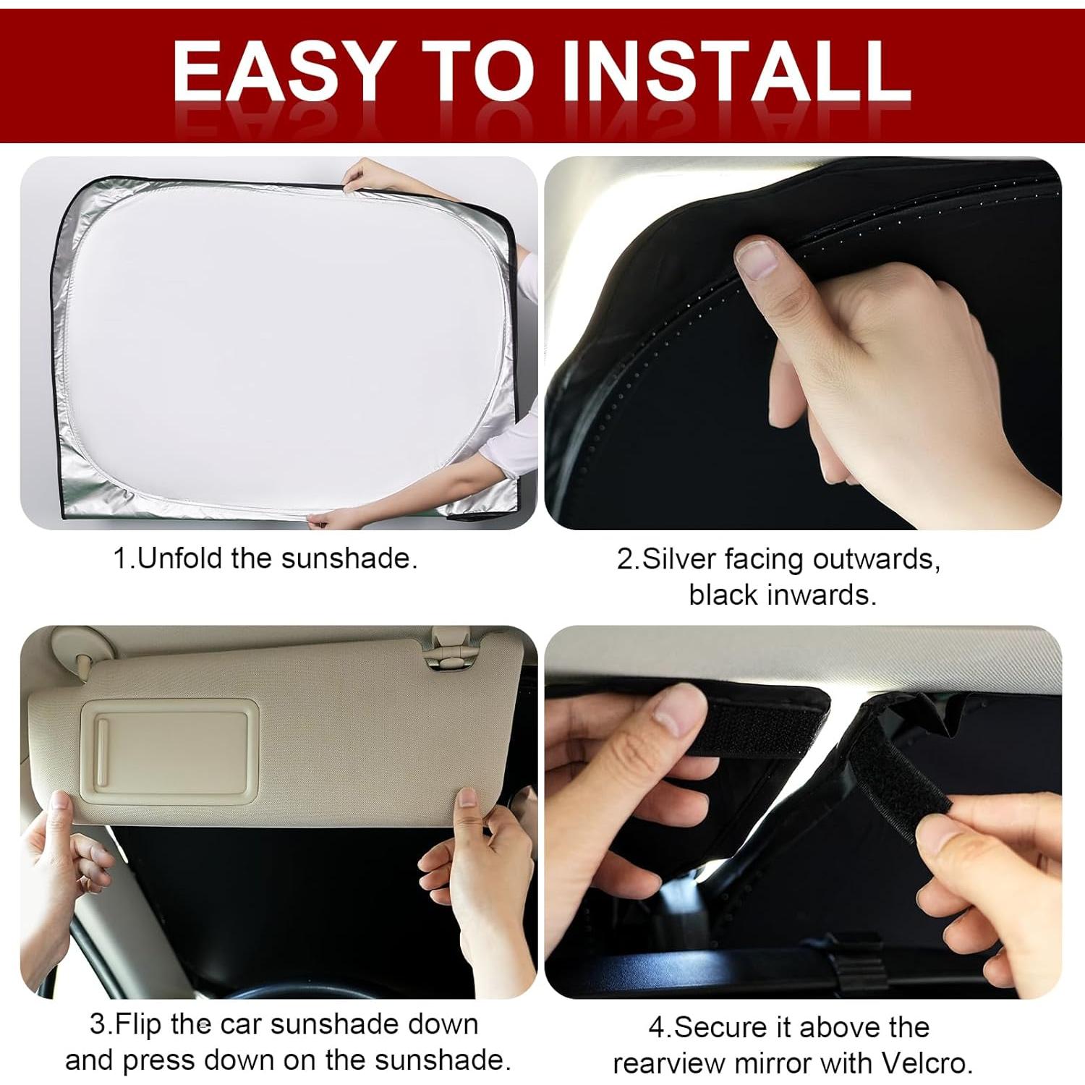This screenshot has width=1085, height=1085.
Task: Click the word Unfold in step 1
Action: pos(180,558)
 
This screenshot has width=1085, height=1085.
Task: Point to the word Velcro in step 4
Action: pos(925,1063)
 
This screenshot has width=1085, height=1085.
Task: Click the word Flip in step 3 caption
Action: pos(138,1024)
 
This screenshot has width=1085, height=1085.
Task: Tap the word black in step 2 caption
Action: pos(724,595)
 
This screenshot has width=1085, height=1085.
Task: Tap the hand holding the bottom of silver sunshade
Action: pos(336,518)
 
